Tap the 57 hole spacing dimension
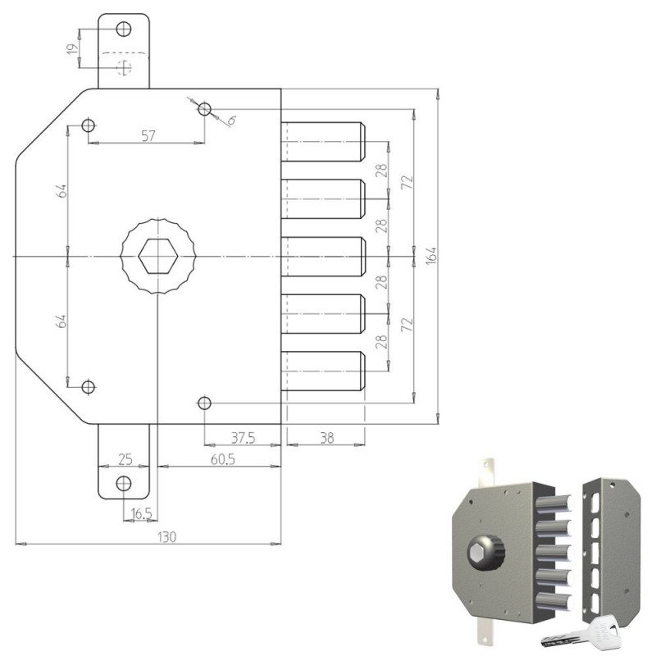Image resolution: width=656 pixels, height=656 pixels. [148, 136]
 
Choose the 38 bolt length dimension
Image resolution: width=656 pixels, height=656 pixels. [326, 439]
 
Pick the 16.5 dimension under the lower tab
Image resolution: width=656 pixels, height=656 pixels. [141, 513]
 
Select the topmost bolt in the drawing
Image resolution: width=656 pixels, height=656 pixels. [322, 142]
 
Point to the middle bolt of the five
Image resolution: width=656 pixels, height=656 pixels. [322, 257]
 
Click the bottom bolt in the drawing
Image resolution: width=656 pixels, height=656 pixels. [322, 371]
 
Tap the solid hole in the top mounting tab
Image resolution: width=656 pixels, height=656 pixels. [124, 30]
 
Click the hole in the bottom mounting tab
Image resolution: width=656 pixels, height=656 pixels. [124, 482]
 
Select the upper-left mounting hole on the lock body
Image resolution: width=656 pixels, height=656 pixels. [89, 126]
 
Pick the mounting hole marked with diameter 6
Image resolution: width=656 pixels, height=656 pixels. [204, 109]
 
